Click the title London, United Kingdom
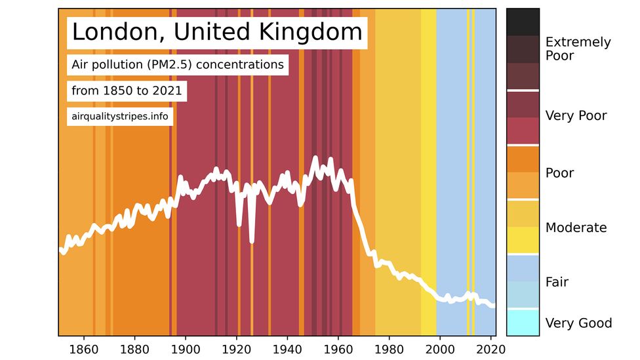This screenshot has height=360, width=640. coord(216,31)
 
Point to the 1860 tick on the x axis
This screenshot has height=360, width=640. coord(83,348)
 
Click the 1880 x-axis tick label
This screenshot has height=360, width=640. coord(134,348)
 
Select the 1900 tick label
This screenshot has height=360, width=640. coord(186,348)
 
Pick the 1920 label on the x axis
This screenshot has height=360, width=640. coord(237,348)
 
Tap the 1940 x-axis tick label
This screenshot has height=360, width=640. coord(287,348)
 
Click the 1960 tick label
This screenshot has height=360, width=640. coord(338,348)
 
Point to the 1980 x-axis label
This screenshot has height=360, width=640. coord(390,348)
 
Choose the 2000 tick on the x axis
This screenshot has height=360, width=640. coord(441,348)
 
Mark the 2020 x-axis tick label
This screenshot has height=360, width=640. coord(491,348)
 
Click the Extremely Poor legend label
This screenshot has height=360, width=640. coord(578,49)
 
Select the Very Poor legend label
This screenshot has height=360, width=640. coord(576,116)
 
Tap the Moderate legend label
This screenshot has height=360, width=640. coord(576,228)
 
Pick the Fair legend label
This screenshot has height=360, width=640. coord(557,282)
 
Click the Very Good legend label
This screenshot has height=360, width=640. coord(578,323)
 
